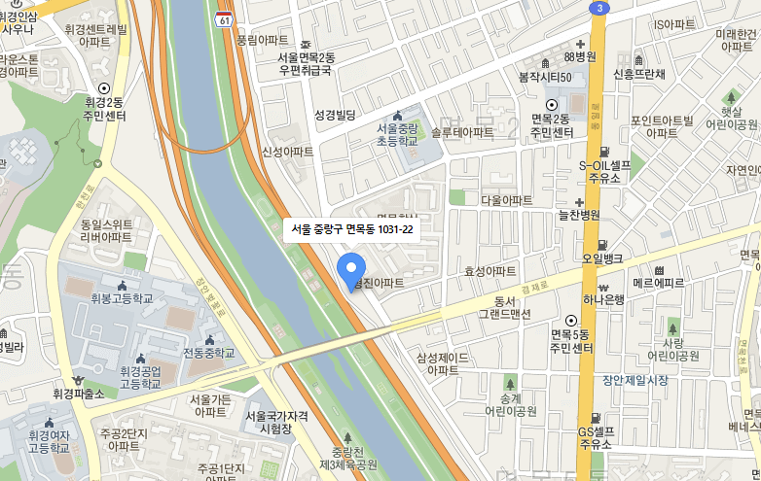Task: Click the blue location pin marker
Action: coord(350,269)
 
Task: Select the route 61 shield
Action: coord(225,19)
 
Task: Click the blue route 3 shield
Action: coord(598,8)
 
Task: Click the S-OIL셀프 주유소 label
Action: coord(604,171)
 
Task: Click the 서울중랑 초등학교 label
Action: coord(396,134)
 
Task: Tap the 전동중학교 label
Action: coord(209,352)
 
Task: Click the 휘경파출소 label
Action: coord(78,395)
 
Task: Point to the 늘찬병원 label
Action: coord(578,215)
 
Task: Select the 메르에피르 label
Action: coord(659,283)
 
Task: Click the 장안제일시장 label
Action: coord(635,380)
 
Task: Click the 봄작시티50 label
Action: coord(545,76)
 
